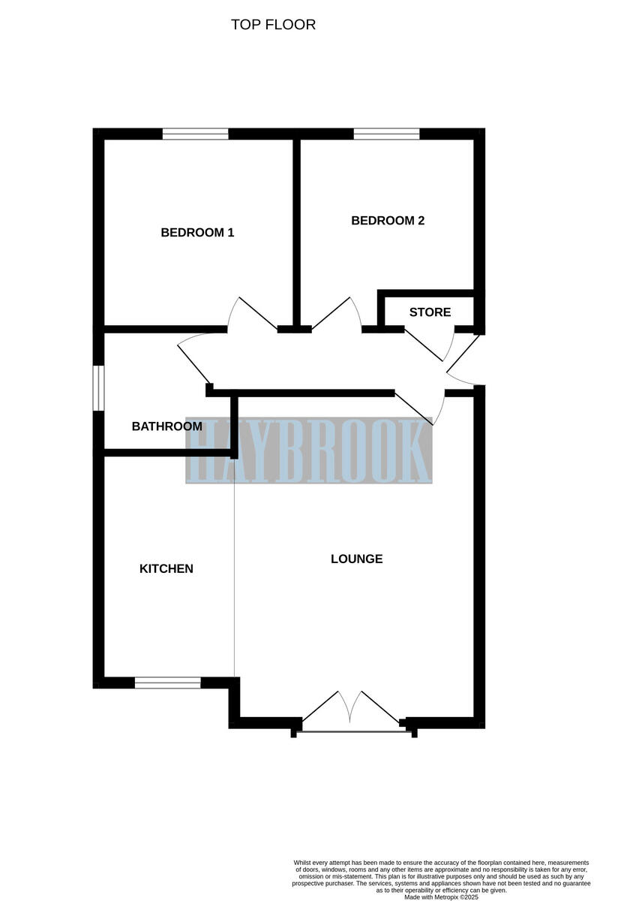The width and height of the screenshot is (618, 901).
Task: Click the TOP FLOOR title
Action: (x=273, y=25)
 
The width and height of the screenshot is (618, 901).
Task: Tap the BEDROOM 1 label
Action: (x=197, y=233)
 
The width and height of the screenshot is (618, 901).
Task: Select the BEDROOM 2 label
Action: (x=388, y=221)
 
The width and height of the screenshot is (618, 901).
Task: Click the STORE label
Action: (x=430, y=312)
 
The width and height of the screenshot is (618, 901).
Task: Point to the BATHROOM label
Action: (x=166, y=426)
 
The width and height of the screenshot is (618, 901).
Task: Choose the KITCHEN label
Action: (x=166, y=569)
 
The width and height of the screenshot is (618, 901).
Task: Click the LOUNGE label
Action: (x=357, y=559)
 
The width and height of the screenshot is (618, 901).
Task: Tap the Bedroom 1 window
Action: (x=195, y=134)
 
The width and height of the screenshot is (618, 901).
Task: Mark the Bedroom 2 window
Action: (x=386, y=134)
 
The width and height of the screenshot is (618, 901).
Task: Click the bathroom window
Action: (x=97, y=387)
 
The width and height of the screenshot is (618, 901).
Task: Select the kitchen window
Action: (x=167, y=683)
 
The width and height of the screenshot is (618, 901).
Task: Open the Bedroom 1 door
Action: (x=255, y=315)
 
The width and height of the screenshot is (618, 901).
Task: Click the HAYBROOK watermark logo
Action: (x=309, y=450)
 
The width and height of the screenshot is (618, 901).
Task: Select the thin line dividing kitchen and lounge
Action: (x=235, y=571)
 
